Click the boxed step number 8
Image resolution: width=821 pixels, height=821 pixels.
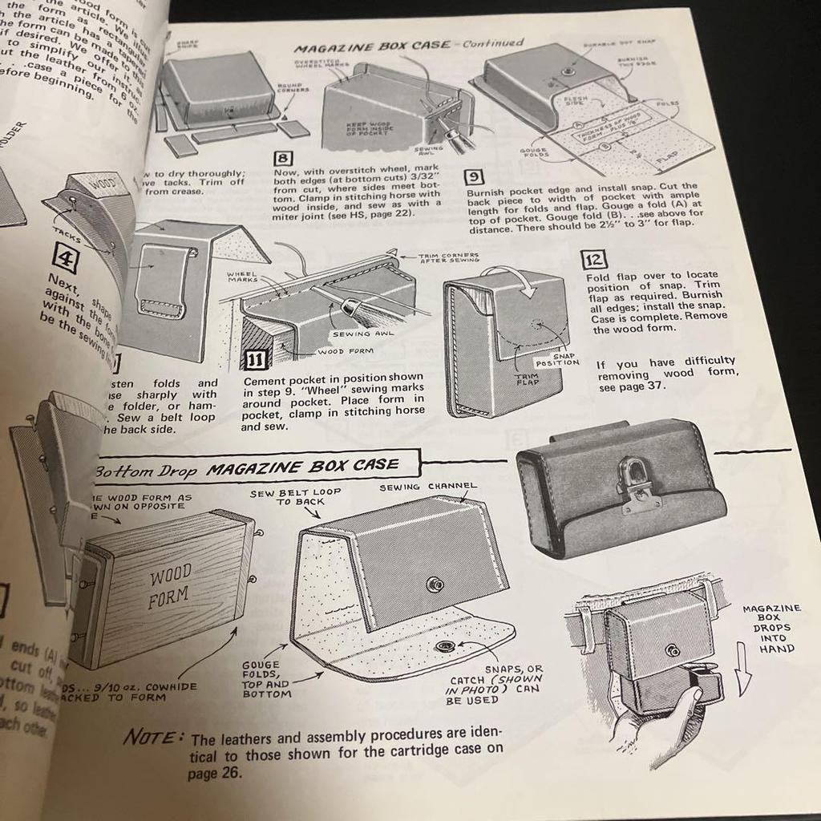(283, 158)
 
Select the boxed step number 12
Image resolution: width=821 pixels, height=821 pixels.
(597, 259)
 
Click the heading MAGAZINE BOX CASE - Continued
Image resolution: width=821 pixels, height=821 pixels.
(408, 46)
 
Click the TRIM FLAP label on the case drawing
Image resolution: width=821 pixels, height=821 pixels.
(525, 379)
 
